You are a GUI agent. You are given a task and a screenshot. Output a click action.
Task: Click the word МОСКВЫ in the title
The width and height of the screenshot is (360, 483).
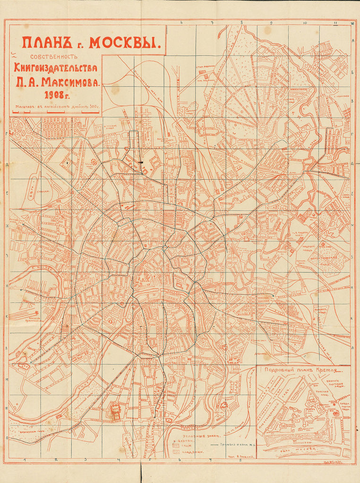click(x=125, y=43)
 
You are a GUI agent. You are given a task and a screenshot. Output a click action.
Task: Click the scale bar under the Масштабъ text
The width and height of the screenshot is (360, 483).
click(x=56, y=112)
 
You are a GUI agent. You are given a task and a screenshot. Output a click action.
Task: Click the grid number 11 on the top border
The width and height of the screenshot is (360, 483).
click(x=335, y=23)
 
